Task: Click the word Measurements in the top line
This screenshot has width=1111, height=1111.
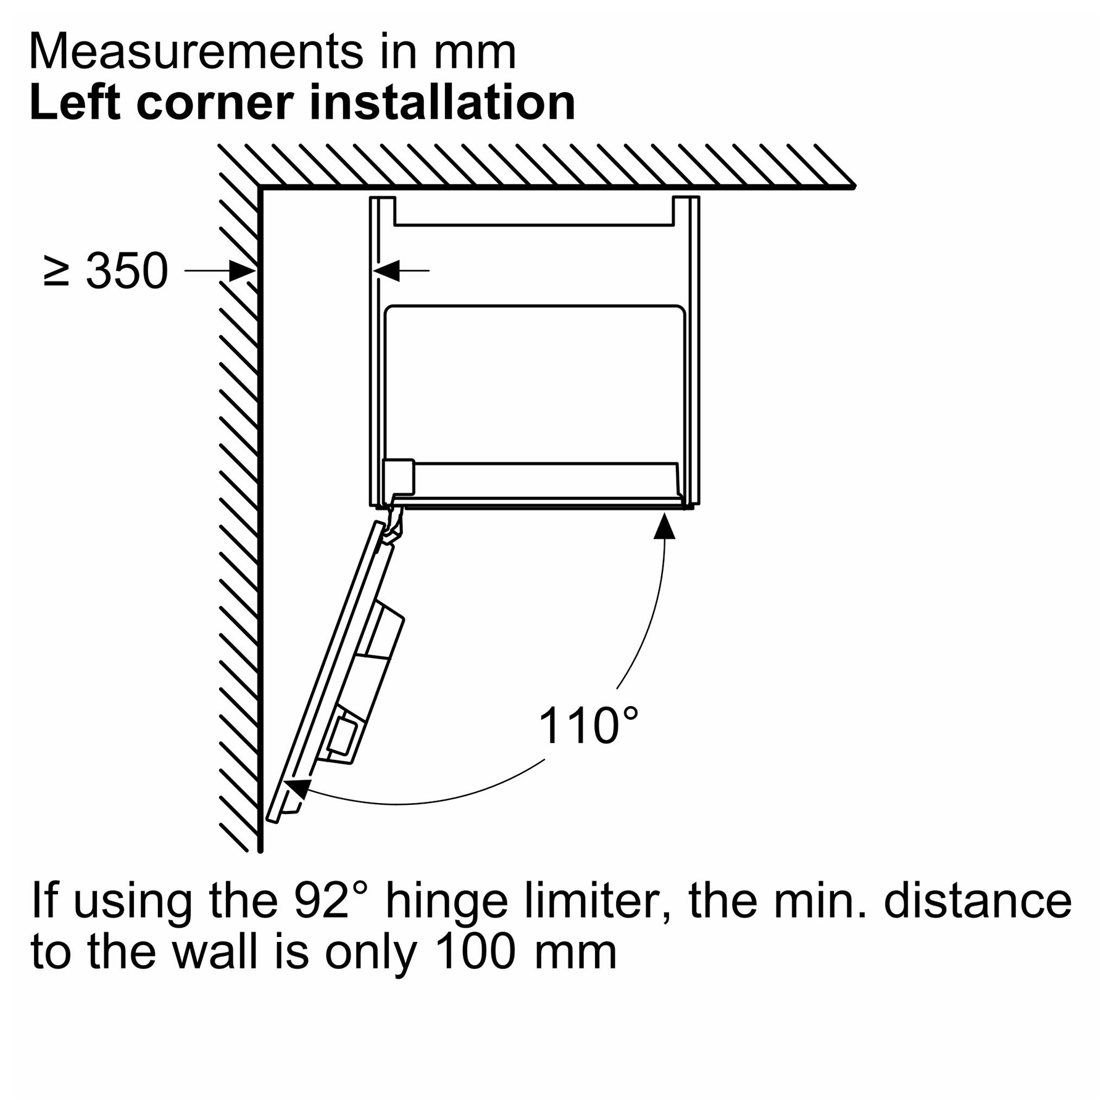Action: tap(197, 52)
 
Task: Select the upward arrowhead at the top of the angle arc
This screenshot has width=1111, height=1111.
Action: tap(664, 527)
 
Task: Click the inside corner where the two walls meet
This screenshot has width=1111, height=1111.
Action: tap(260, 187)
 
